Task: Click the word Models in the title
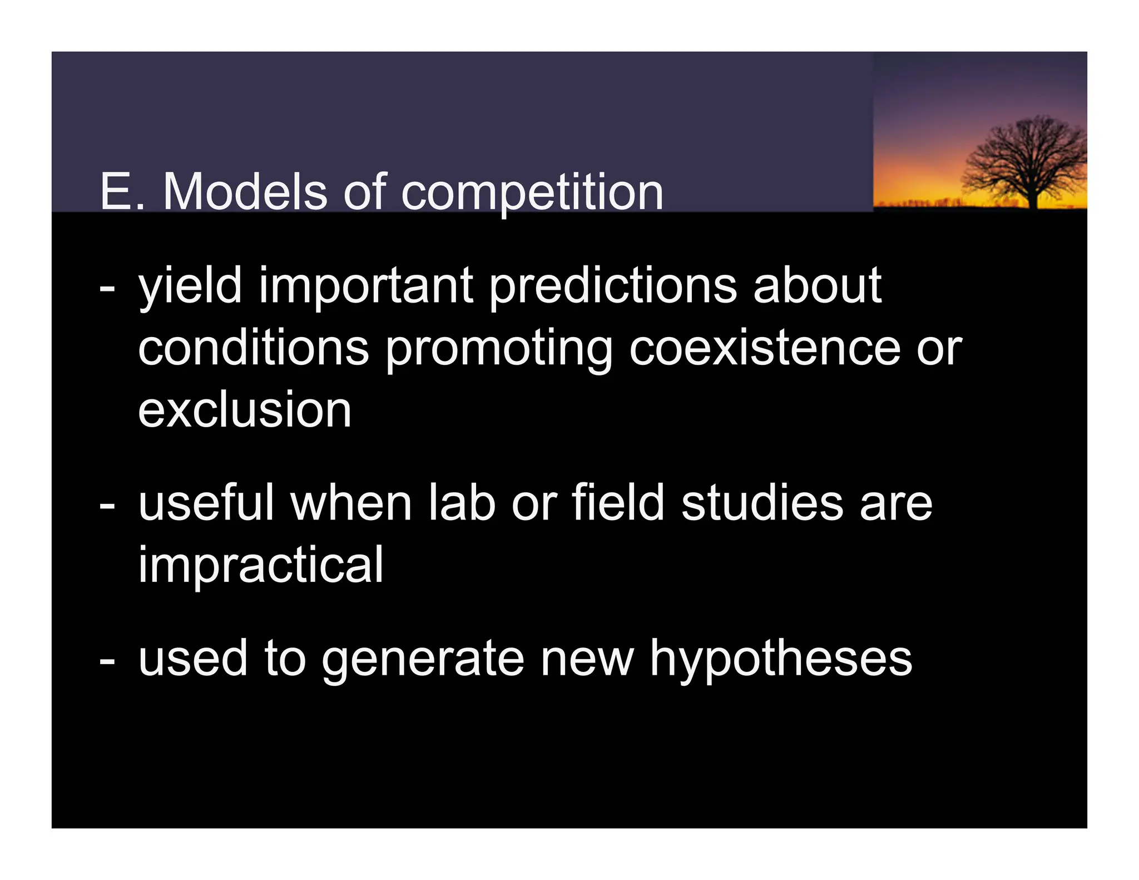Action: coord(245,192)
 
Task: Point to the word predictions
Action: coord(613,286)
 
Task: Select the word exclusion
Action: coord(245,410)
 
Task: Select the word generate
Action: coord(423,659)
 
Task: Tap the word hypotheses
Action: coord(781,659)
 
